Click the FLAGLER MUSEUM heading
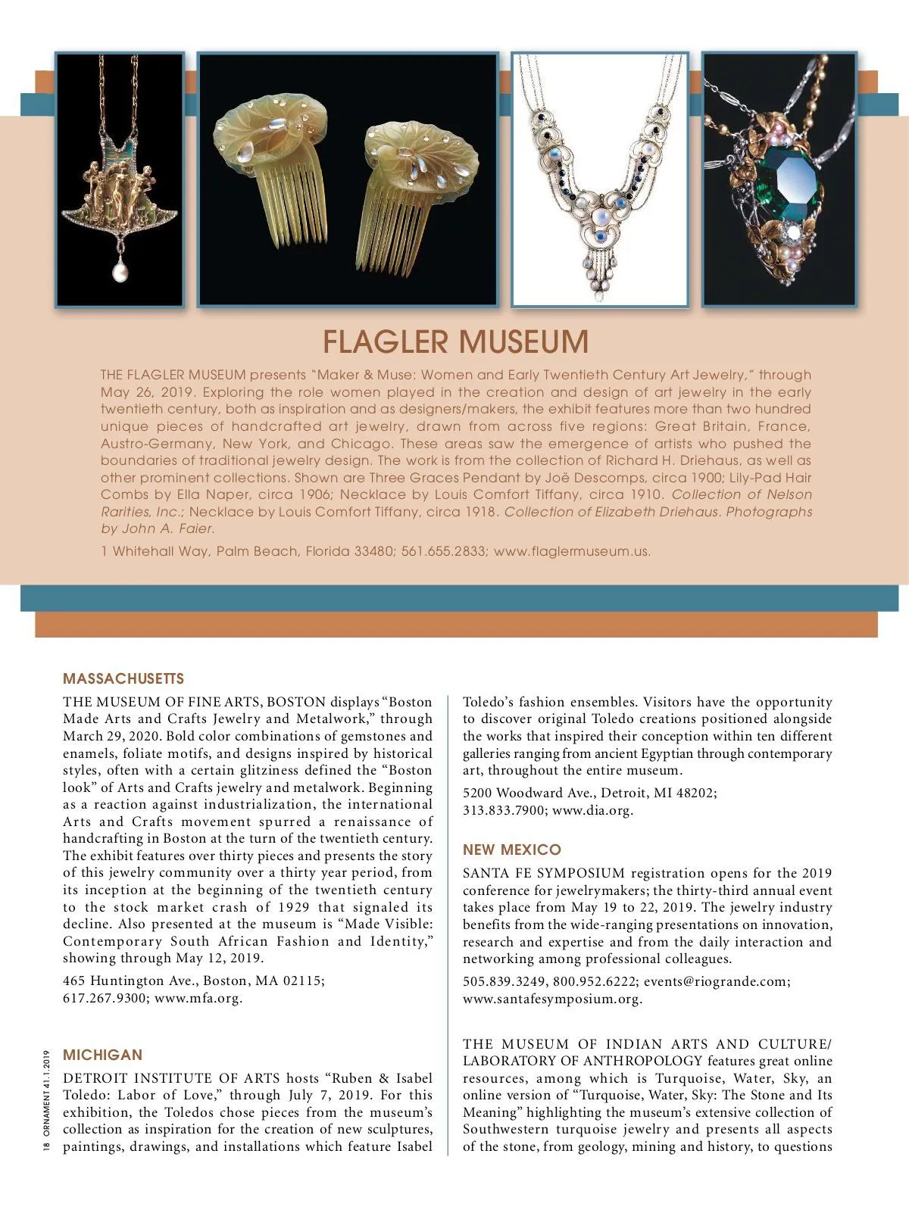point(455,341)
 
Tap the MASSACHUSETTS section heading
point(123,678)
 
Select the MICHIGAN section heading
point(102,1055)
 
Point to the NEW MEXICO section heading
point(512,850)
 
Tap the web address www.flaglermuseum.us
point(571,551)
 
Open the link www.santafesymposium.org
point(552,999)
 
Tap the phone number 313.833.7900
point(504,810)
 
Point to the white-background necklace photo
point(600,179)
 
